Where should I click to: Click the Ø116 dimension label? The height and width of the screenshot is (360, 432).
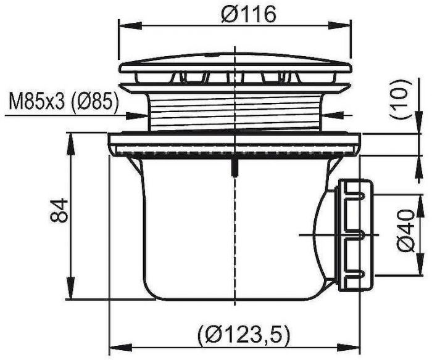[x=248, y=15]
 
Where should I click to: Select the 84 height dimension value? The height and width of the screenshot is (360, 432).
[x=59, y=210]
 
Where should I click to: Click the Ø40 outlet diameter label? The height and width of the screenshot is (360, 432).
[x=406, y=231]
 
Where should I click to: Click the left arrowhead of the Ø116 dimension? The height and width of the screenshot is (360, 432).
[x=130, y=27]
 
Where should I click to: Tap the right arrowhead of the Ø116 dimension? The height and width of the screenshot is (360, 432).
[x=339, y=27]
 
